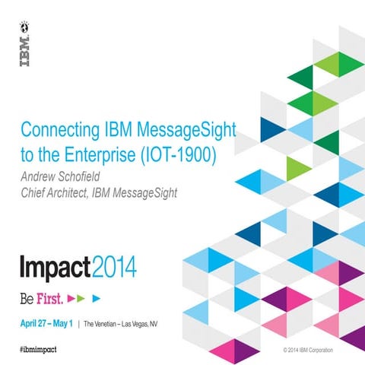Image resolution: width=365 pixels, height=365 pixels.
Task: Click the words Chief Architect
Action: [50, 192]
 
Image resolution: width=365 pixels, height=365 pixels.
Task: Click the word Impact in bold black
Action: [54, 268]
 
